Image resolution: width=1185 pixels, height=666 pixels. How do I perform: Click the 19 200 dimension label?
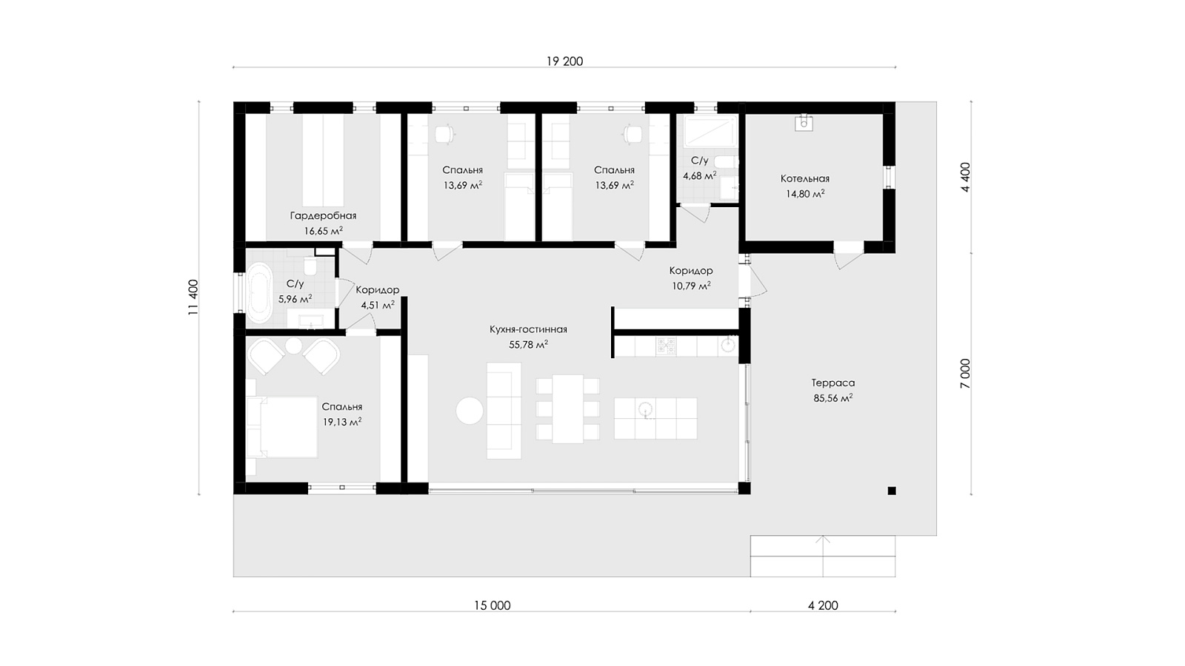tap(564, 61)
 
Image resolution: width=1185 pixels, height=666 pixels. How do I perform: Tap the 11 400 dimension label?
tap(193, 297)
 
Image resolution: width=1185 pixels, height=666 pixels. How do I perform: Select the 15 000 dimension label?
tap(492, 606)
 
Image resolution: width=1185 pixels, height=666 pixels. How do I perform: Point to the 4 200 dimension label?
tap(823, 606)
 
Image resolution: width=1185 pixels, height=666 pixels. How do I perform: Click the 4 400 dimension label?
tap(966, 177)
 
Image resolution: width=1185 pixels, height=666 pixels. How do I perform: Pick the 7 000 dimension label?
tap(966, 374)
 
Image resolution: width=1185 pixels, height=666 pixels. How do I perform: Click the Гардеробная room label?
tap(323, 215)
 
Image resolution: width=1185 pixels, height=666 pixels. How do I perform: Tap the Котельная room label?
tap(805, 178)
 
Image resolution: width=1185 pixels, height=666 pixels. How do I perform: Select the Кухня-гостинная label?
tap(528, 329)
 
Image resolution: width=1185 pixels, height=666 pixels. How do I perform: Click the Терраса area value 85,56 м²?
tap(832, 398)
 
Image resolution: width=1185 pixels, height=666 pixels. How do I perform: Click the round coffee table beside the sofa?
tap(470, 411)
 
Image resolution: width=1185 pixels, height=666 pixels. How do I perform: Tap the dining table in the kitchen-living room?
tap(567, 408)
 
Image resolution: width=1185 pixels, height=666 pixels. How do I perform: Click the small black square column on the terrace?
tap(892, 491)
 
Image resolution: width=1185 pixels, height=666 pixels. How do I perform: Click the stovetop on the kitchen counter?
tap(667, 346)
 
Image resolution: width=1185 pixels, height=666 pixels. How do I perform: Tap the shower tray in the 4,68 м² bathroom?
tap(710, 132)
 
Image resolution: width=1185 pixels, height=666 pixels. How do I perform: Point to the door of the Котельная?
tap(849, 258)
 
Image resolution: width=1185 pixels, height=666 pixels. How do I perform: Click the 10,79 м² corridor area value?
tap(691, 286)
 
